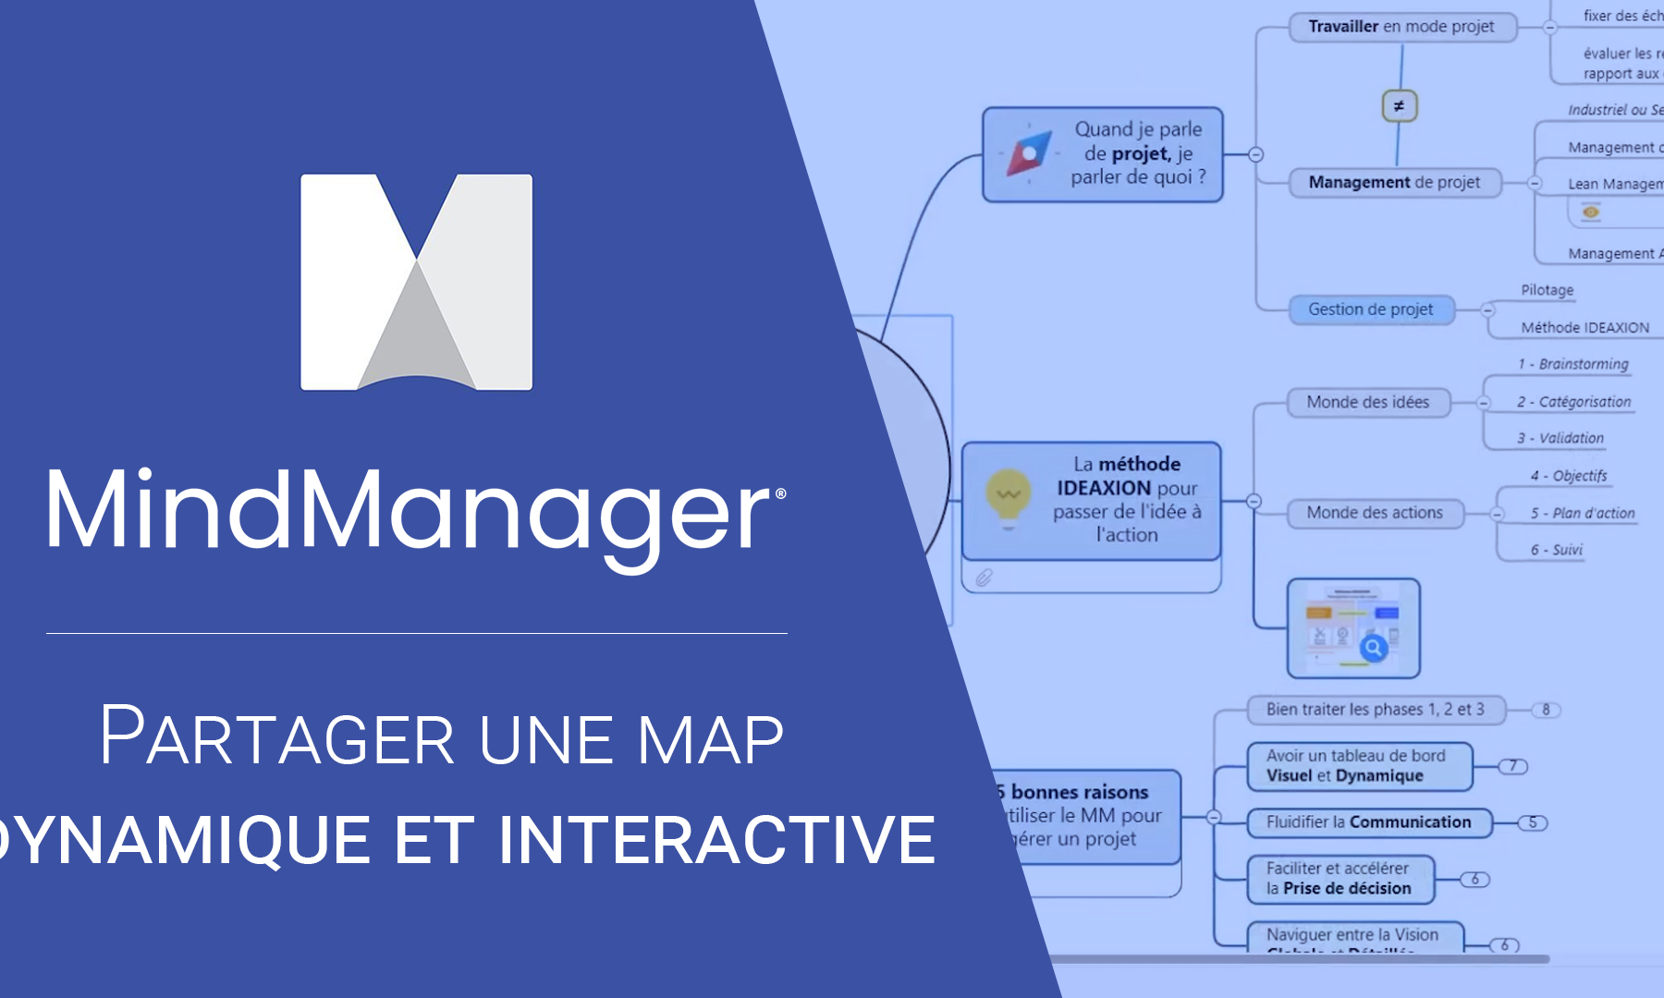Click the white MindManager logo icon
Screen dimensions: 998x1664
coord(416,282)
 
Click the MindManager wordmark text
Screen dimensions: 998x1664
coord(416,511)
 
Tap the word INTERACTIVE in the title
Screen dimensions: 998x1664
coord(716,839)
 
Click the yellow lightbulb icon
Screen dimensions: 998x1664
coord(1008,497)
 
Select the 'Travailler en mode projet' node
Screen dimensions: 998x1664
coord(1401,27)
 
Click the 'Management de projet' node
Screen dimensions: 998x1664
coord(1394,183)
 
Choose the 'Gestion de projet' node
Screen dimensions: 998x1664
coord(1371,310)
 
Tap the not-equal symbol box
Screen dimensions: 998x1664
coord(1399,106)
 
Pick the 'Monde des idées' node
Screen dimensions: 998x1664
coord(1368,402)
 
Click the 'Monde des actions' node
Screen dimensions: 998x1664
coord(1375,513)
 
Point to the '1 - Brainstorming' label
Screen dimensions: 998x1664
coord(1573,364)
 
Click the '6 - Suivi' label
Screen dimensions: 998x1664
coord(1557,550)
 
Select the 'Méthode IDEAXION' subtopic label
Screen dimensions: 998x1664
coord(1584,328)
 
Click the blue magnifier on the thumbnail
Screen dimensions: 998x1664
coord(1374,648)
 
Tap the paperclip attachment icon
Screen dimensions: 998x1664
coord(984,578)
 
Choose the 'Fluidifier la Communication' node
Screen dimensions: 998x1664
coord(1368,822)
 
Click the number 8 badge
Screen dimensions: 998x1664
coord(1546,710)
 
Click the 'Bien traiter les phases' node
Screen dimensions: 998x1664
coord(1375,710)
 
